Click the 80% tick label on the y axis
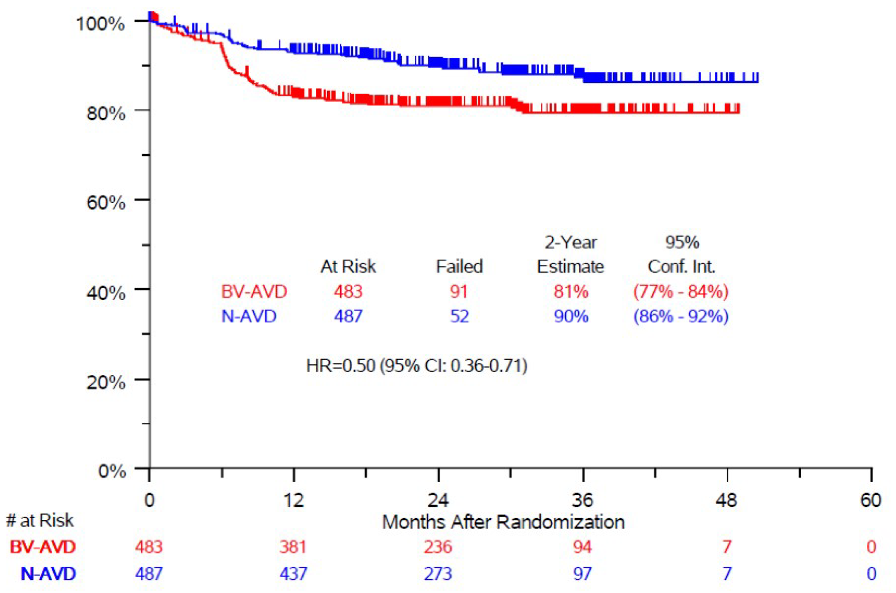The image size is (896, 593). coord(106,113)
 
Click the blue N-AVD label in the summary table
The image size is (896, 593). coord(249,316)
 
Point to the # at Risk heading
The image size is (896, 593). coord(40,521)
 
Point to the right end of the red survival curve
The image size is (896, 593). coord(738,112)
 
